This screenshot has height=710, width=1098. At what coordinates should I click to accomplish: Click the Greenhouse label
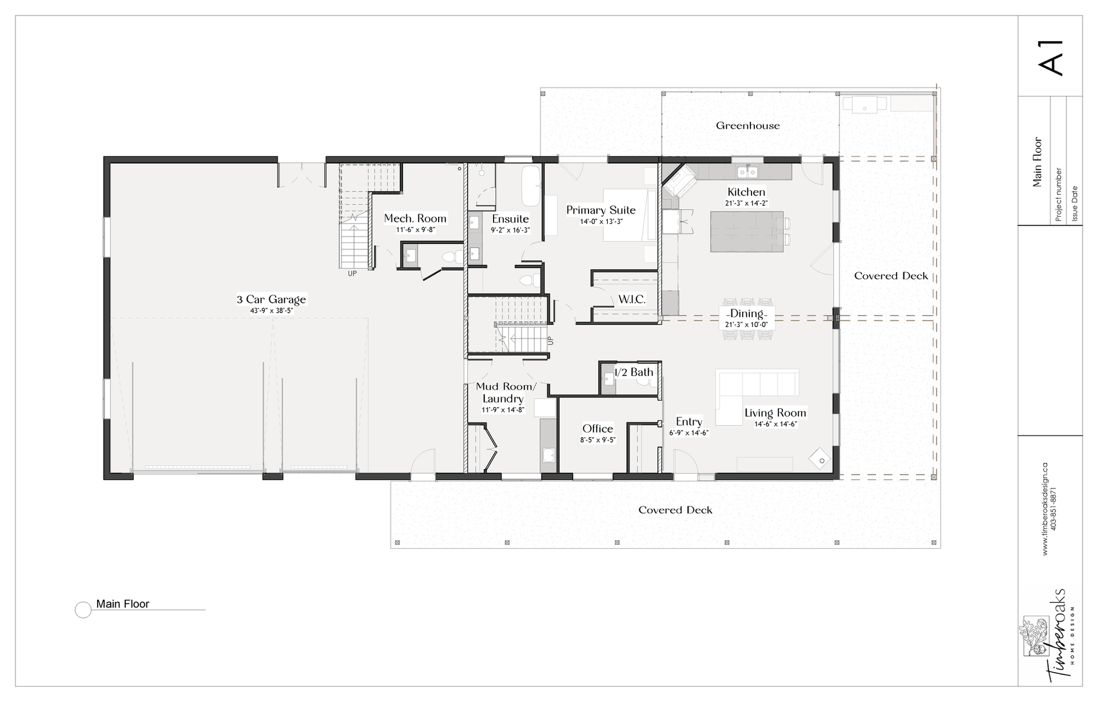(x=747, y=126)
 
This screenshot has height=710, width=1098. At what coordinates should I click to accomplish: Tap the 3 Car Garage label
(x=271, y=299)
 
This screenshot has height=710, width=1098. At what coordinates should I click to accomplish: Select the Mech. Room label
(x=415, y=218)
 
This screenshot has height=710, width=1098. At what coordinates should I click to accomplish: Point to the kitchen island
(x=747, y=231)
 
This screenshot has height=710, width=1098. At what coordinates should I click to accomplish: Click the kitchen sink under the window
(x=747, y=171)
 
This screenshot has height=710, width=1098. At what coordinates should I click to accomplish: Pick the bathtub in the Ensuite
(x=530, y=187)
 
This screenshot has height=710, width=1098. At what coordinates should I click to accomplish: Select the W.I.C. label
(x=632, y=299)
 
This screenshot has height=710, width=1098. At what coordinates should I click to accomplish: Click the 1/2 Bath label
(x=634, y=372)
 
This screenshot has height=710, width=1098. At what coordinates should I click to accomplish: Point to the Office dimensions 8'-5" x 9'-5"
(x=598, y=440)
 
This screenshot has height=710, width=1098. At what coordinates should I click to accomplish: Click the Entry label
(x=689, y=422)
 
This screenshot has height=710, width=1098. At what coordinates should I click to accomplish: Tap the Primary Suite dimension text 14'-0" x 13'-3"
(x=601, y=222)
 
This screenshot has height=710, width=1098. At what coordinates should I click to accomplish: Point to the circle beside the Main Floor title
(x=83, y=610)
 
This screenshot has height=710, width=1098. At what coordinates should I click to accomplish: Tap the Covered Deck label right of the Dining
(x=891, y=276)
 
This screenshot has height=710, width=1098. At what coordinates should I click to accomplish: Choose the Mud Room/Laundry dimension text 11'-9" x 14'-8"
(x=503, y=410)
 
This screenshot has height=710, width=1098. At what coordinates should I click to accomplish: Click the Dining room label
(x=746, y=313)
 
